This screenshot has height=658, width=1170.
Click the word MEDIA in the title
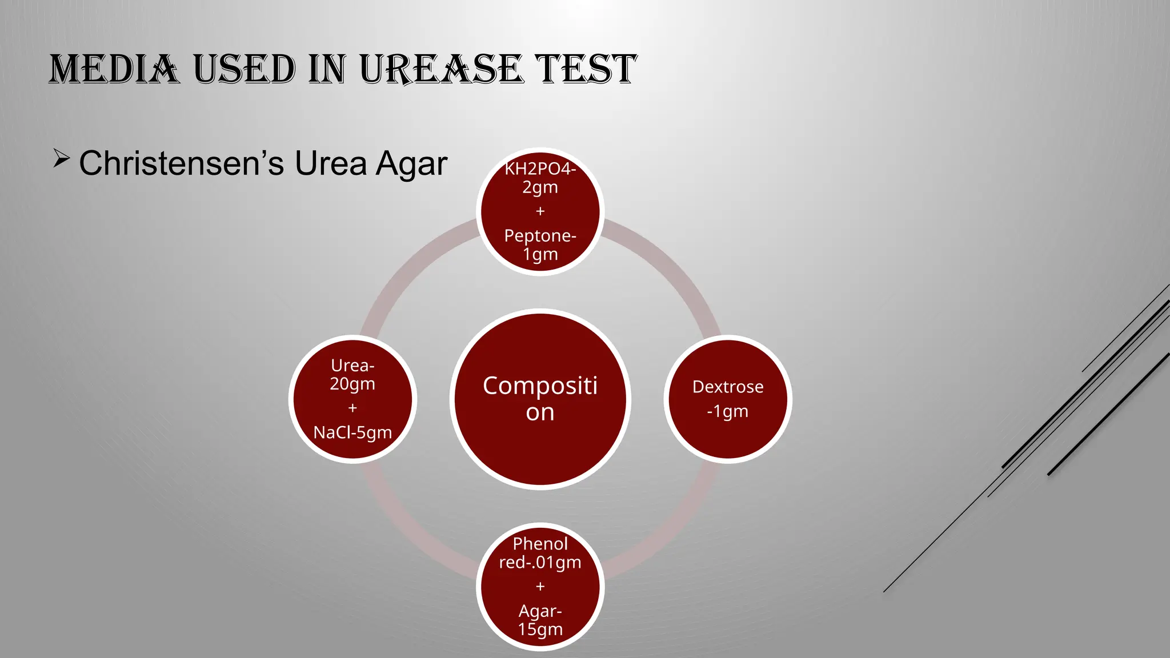click(x=114, y=70)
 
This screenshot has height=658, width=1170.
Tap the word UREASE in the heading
click(x=441, y=70)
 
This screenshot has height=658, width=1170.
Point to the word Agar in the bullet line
click(x=411, y=164)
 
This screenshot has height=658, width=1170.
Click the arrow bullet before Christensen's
click(x=61, y=158)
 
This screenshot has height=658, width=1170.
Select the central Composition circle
click(x=540, y=399)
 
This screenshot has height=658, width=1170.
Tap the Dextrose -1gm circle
click(x=727, y=399)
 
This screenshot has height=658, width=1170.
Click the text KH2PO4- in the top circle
click(x=540, y=169)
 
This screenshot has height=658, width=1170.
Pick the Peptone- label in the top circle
click(x=540, y=236)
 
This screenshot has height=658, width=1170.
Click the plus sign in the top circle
click(x=540, y=211)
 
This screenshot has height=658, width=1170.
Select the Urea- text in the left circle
click(x=352, y=366)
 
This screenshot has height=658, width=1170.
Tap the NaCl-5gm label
click(x=352, y=432)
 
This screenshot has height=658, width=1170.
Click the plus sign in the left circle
click(x=352, y=408)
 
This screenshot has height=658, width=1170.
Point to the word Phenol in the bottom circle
click(x=540, y=544)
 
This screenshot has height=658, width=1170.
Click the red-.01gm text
click(x=540, y=563)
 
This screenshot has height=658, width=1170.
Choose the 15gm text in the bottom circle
click(x=540, y=629)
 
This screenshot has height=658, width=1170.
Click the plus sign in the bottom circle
click(x=540, y=587)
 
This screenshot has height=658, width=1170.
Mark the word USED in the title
click(x=244, y=70)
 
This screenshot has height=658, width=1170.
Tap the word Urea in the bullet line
click(x=330, y=163)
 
